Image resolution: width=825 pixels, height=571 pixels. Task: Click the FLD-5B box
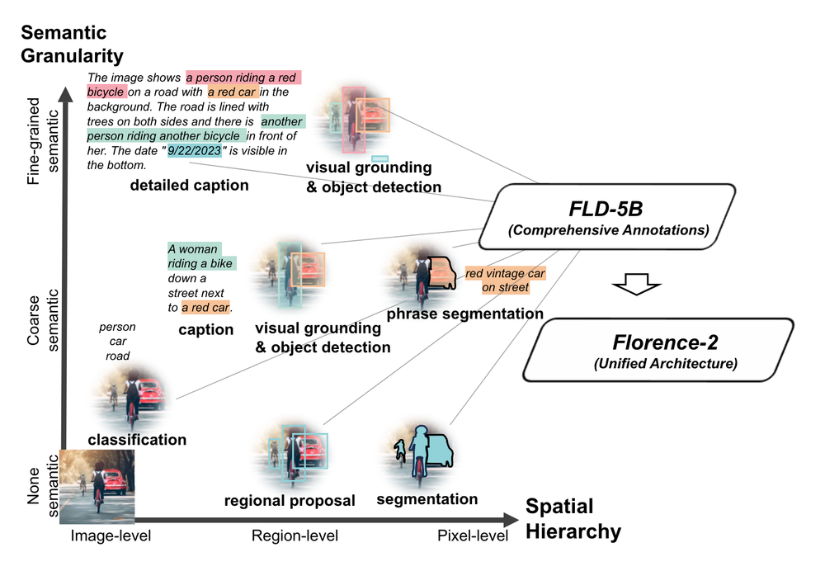607,214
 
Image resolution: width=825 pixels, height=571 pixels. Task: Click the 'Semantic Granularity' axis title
72,45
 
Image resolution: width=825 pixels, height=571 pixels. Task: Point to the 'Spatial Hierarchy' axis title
573,519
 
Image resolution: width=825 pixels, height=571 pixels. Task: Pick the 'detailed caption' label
189,186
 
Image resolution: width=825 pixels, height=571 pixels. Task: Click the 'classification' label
137,440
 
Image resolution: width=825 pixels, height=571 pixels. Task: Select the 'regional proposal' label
290,501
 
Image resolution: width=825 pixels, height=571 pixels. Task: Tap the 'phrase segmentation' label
465,314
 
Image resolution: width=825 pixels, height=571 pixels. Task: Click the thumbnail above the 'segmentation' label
422,454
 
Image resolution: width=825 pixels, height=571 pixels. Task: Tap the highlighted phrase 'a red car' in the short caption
205,308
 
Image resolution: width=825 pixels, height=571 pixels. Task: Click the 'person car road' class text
117,342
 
